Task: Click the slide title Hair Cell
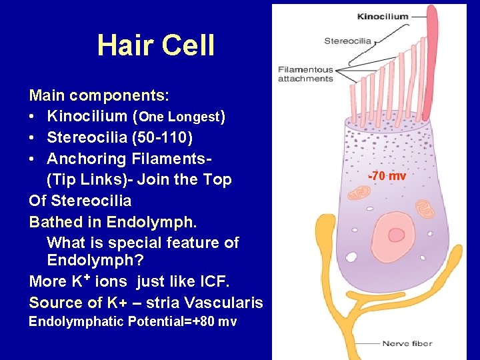pyautogui.click(x=156, y=45)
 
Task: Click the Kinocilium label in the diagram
pyautogui.click(x=383, y=16)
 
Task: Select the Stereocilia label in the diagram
pyautogui.click(x=347, y=41)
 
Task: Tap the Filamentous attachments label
pyautogui.click(x=305, y=74)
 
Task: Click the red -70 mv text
pyautogui.click(x=387, y=176)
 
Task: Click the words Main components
pyautogui.click(x=99, y=95)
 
